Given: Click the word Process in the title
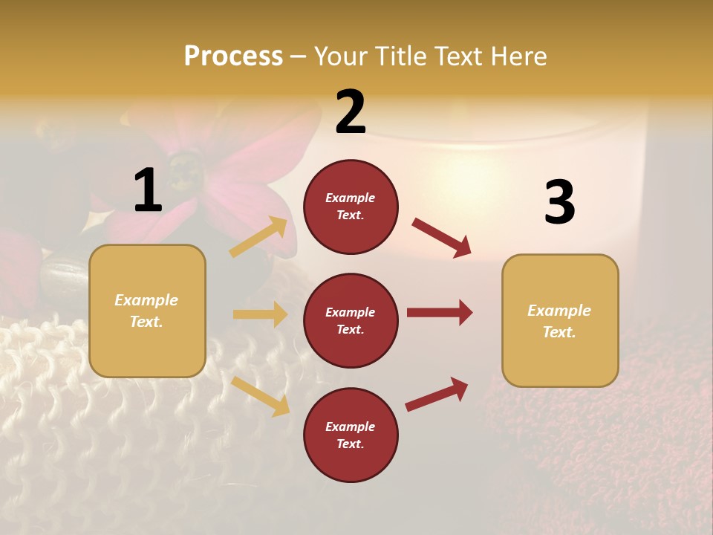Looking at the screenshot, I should (233, 56).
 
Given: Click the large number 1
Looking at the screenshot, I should (148, 190).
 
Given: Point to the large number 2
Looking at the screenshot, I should (351, 112).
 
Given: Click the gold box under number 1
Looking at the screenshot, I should (147, 311).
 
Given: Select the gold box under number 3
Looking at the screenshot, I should (560, 321).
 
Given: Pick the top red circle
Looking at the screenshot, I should (351, 207).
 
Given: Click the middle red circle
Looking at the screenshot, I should (351, 321).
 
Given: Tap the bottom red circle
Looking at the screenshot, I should (351, 435).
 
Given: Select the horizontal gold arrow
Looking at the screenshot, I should (260, 314).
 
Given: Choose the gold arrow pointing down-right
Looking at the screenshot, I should (261, 395).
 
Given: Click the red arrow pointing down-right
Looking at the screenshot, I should (441, 237).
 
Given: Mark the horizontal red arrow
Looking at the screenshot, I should (439, 313).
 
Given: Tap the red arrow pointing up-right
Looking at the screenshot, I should (437, 394).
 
